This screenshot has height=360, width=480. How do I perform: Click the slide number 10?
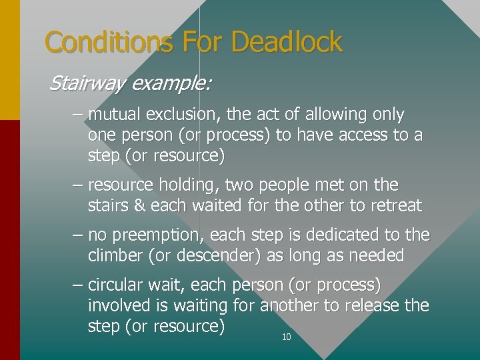[287, 337]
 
